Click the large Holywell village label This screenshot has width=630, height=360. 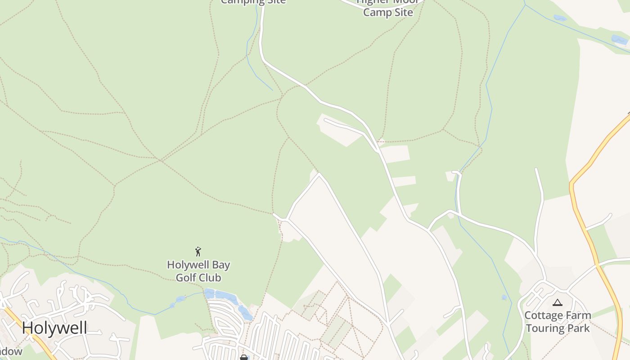tap(54, 328)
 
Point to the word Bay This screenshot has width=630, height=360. tap(220, 265)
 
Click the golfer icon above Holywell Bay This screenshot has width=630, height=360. tap(198, 252)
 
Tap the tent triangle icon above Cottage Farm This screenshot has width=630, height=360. tap(558, 302)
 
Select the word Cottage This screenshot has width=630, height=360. tap(543, 315)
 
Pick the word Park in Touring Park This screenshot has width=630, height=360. tap(578, 328)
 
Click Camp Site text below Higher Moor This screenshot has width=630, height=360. tap(388, 12)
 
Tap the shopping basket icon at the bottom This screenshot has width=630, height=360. tap(244, 357)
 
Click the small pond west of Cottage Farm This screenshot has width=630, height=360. tap(504, 297)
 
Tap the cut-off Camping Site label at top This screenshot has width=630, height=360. tap(253, 2)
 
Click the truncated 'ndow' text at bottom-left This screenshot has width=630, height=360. tap(11, 351)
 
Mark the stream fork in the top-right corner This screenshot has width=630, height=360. tap(525, 5)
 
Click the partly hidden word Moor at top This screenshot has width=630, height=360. tap(407, 2)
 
